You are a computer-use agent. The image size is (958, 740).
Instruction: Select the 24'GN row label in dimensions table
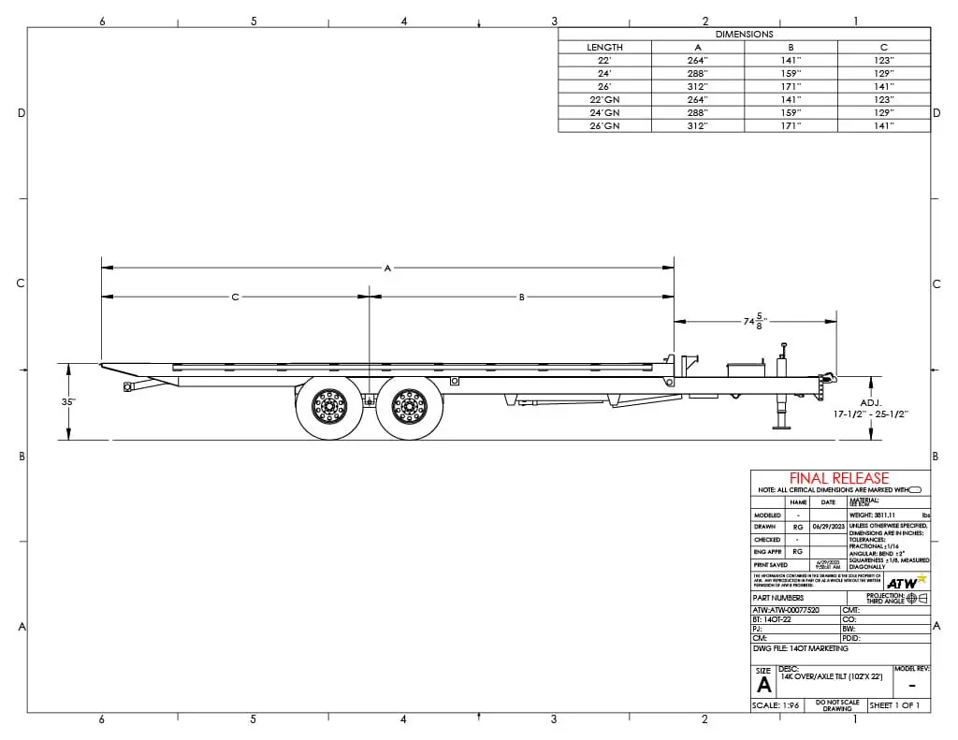pyautogui.click(x=604, y=112)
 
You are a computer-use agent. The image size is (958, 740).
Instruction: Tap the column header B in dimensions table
pyautogui.click(x=791, y=47)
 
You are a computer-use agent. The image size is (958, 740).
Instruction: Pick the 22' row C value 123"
pyautogui.click(x=883, y=60)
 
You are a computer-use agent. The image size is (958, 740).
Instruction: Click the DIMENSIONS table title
pyautogui.click(x=744, y=34)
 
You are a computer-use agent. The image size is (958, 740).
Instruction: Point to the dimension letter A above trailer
pyautogui.click(x=387, y=268)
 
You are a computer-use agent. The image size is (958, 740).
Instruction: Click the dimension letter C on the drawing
pyautogui.click(x=235, y=297)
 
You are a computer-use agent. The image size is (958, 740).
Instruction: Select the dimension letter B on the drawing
pyautogui.click(x=522, y=297)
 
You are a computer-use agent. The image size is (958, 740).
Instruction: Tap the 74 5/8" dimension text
pyautogui.click(x=754, y=321)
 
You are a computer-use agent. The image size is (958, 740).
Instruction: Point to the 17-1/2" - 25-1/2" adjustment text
pyautogui.click(x=871, y=413)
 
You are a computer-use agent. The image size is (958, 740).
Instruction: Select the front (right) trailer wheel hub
pyautogui.click(x=410, y=407)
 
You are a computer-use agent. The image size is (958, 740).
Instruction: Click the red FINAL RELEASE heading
pyautogui.click(x=839, y=478)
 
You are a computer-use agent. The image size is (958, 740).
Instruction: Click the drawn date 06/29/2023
pyautogui.click(x=828, y=527)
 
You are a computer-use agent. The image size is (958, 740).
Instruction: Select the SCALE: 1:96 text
pyautogui.click(x=777, y=705)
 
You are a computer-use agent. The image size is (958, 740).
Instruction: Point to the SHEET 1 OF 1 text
pyautogui.click(x=894, y=705)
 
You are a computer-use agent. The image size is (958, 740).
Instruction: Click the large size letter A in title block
pyautogui.click(x=764, y=684)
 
